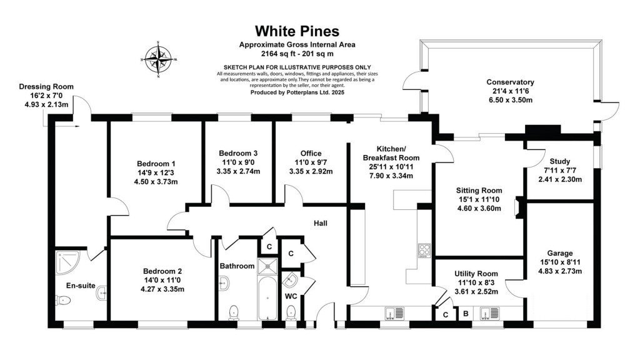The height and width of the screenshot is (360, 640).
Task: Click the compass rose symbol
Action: [x=159, y=60]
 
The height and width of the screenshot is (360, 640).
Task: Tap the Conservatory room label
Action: [x=510, y=82]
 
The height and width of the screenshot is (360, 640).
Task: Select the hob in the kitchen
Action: [x=424, y=251]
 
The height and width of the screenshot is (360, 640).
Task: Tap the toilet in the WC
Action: [x=291, y=311]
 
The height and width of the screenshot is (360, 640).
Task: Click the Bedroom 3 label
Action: [x=238, y=153]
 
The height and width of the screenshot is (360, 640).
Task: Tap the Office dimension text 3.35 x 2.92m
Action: [x=311, y=171]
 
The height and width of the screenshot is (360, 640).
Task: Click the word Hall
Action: [x=321, y=223]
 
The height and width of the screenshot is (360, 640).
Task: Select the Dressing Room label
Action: [x=46, y=87]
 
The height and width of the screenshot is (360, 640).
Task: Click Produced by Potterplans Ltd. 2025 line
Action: [x=297, y=92]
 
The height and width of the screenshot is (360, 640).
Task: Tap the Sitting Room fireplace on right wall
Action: [x=516, y=209]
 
